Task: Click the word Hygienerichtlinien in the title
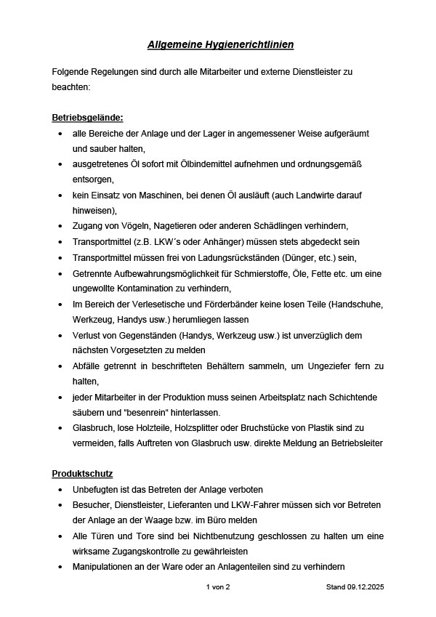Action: pyautogui.click(x=246, y=45)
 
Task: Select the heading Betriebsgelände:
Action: pyautogui.click(x=87, y=118)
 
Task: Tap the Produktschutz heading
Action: pyautogui.click(x=82, y=474)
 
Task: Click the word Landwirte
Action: pyautogui.click(x=314, y=195)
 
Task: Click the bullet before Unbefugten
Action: pyautogui.click(x=60, y=490)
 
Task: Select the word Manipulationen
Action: pyautogui.click(x=103, y=567)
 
